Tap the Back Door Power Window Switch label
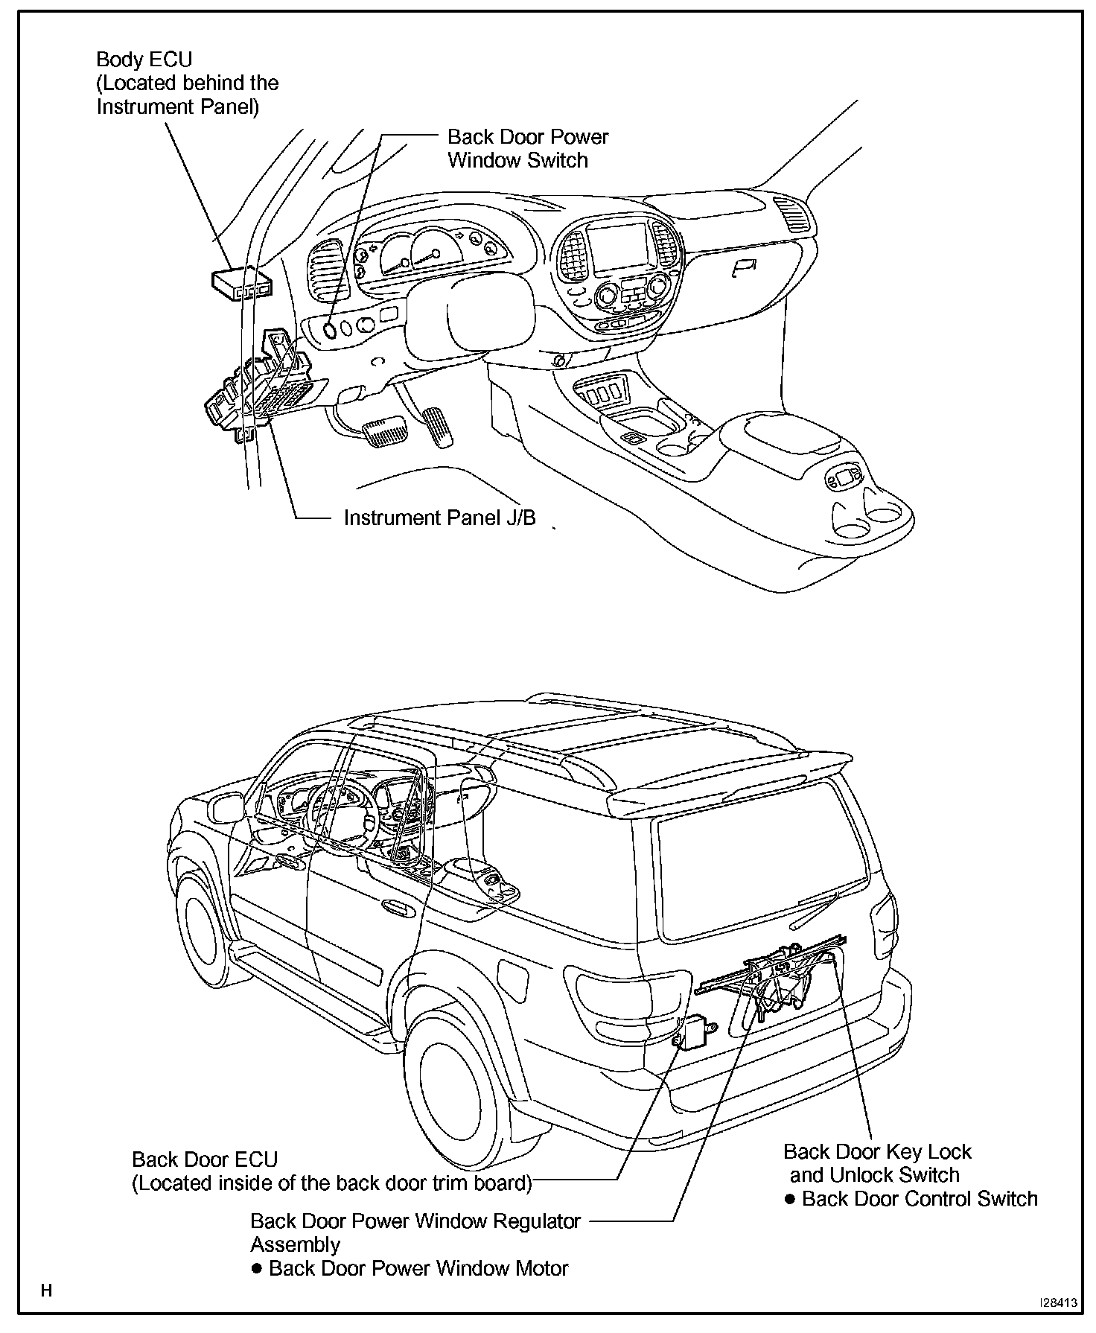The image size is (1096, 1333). (527, 148)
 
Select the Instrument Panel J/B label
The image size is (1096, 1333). (439, 518)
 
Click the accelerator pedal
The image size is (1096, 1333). (439, 427)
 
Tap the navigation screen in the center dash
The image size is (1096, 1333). (617, 246)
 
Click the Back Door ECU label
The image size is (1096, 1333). (204, 1159)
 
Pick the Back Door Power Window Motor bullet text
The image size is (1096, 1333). (418, 1268)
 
